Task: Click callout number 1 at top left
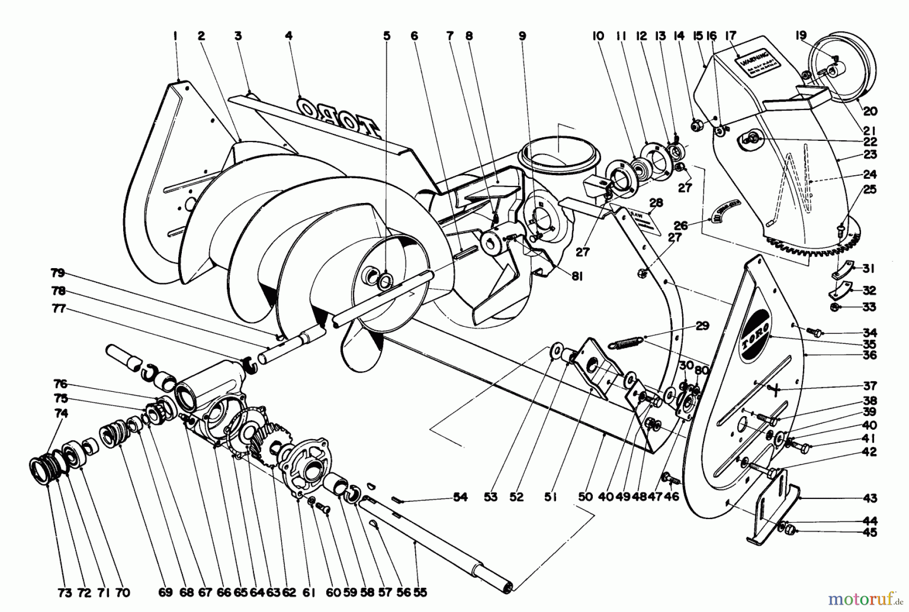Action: click(x=175, y=36)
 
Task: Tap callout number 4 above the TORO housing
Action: click(x=288, y=36)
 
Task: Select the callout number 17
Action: click(x=731, y=36)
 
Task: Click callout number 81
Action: click(x=577, y=276)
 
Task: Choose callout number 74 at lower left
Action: click(x=61, y=413)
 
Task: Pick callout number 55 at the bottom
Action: click(x=420, y=593)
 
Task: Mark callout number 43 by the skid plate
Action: click(x=870, y=498)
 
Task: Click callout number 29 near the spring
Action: click(x=702, y=326)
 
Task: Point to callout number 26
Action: click(x=681, y=226)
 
